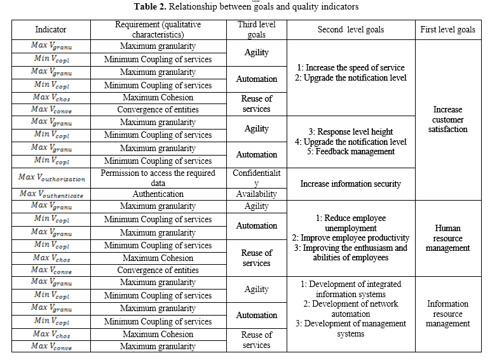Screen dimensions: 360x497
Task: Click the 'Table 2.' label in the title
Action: click(x=151, y=7)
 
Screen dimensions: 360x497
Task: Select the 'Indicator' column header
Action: click(x=51, y=29)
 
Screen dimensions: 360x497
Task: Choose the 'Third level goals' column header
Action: click(x=257, y=29)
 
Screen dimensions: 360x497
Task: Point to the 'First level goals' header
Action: click(x=448, y=29)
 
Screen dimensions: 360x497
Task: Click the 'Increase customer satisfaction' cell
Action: click(x=448, y=119)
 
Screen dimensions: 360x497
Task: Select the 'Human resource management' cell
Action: click(x=448, y=238)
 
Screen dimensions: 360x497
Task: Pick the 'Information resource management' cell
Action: click(x=448, y=314)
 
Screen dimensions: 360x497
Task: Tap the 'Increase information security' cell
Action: click(x=351, y=183)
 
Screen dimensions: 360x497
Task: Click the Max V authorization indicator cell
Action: click(x=51, y=177)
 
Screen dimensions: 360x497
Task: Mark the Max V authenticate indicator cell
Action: click(x=51, y=194)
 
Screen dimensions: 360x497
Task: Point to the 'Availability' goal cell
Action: click(x=257, y=194)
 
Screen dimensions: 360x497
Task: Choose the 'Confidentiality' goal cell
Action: click(x=257, y=177)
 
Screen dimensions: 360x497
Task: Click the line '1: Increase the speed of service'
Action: click(x=351, y=67)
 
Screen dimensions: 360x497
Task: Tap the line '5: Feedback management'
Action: click(x=351, y=151)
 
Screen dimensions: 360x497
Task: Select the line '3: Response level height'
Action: click(x=351, y=131)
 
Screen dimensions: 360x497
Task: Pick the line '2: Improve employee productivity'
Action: click(x=351, y=238)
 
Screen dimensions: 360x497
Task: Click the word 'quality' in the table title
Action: click(x=303, y=7)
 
